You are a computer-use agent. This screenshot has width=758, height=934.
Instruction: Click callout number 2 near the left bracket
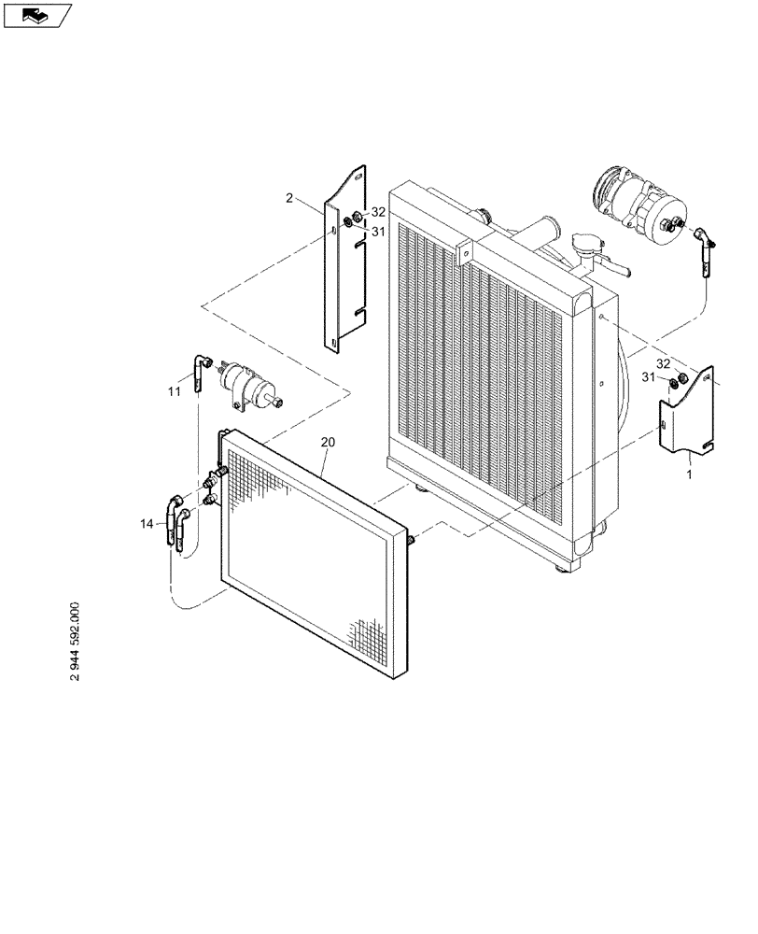289,198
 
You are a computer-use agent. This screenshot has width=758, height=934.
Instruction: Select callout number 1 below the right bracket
689,474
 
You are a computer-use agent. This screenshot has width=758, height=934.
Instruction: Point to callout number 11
174,392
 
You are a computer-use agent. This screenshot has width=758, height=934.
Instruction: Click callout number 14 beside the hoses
147,525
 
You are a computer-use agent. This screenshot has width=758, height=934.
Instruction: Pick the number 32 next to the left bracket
378,212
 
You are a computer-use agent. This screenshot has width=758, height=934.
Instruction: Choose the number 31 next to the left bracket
378,233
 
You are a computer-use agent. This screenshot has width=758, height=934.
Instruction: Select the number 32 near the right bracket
663,362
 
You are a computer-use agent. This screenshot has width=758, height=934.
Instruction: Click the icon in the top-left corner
37,14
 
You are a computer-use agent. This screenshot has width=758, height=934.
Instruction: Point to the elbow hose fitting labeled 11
199,372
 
